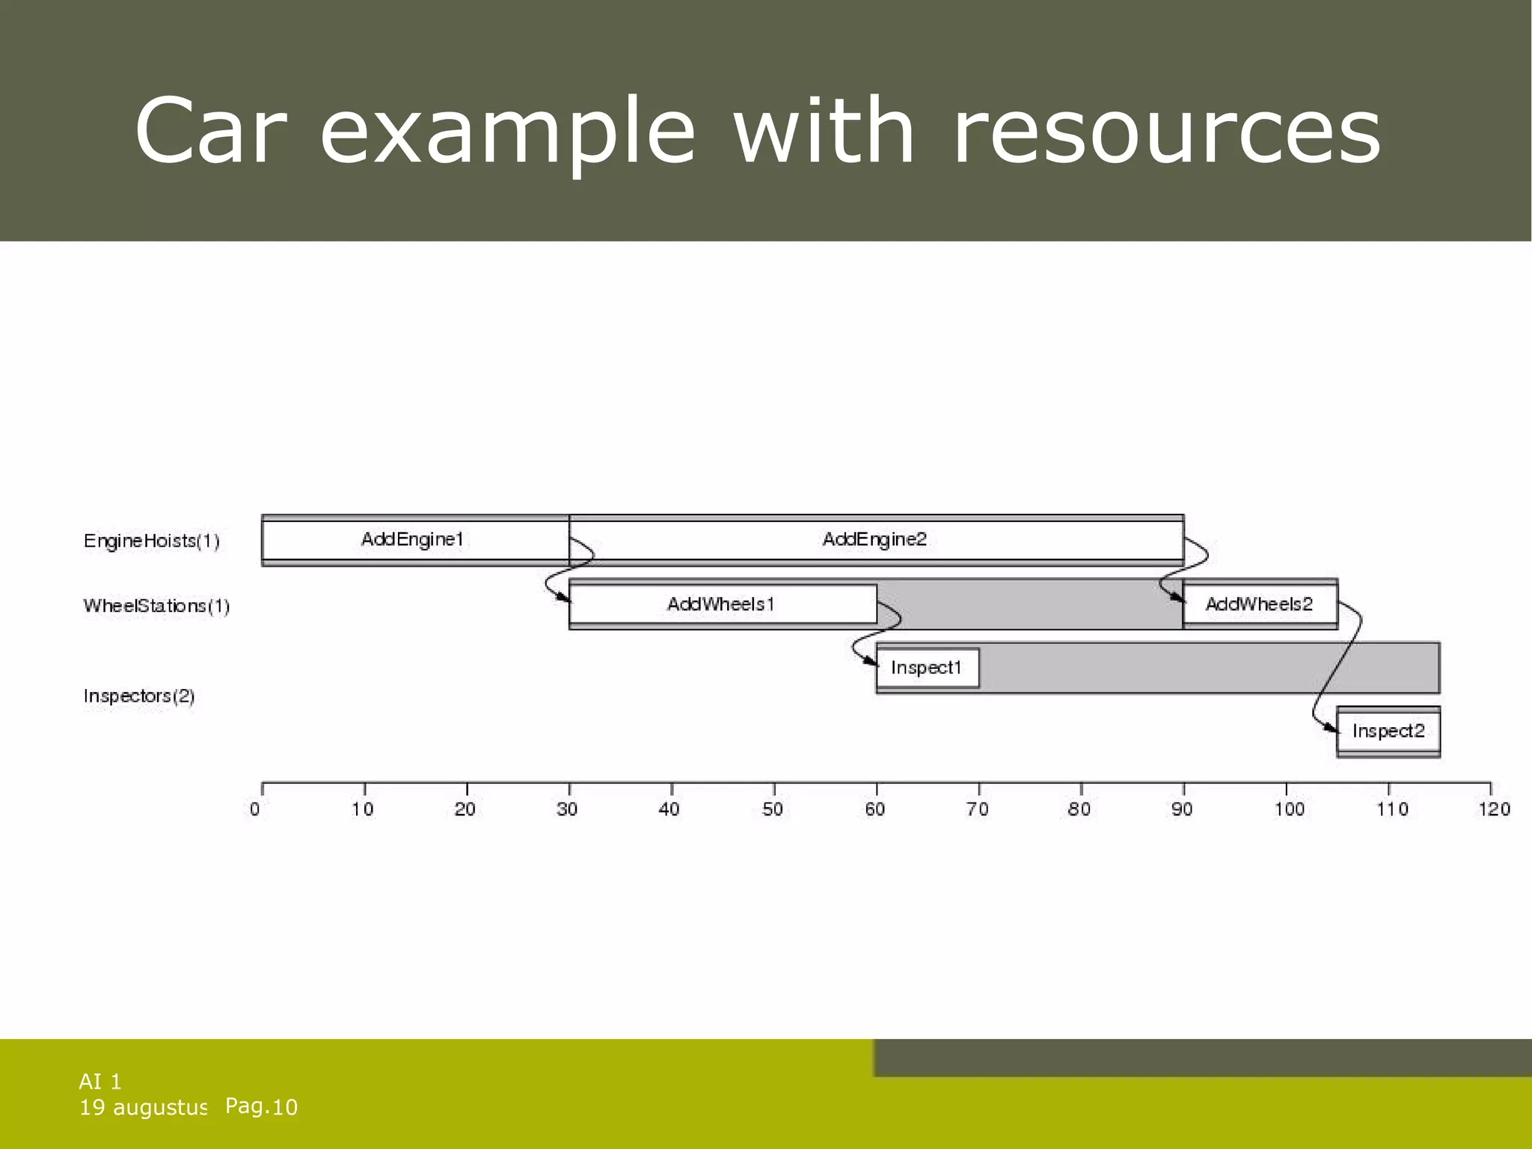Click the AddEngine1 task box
414,540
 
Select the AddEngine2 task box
875,540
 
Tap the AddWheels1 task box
722,604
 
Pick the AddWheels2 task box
1260,604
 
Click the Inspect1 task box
927,668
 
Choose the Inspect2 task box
1388,732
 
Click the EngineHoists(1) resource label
152,541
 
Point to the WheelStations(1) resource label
156,605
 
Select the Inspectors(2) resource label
139,696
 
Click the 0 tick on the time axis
256,809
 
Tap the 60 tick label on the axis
874,809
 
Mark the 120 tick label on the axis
1494,809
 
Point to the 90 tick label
1182,809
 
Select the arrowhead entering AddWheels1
563,598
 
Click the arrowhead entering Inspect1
871,662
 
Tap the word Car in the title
210,132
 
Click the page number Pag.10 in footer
261,1106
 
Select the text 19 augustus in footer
143,1108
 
